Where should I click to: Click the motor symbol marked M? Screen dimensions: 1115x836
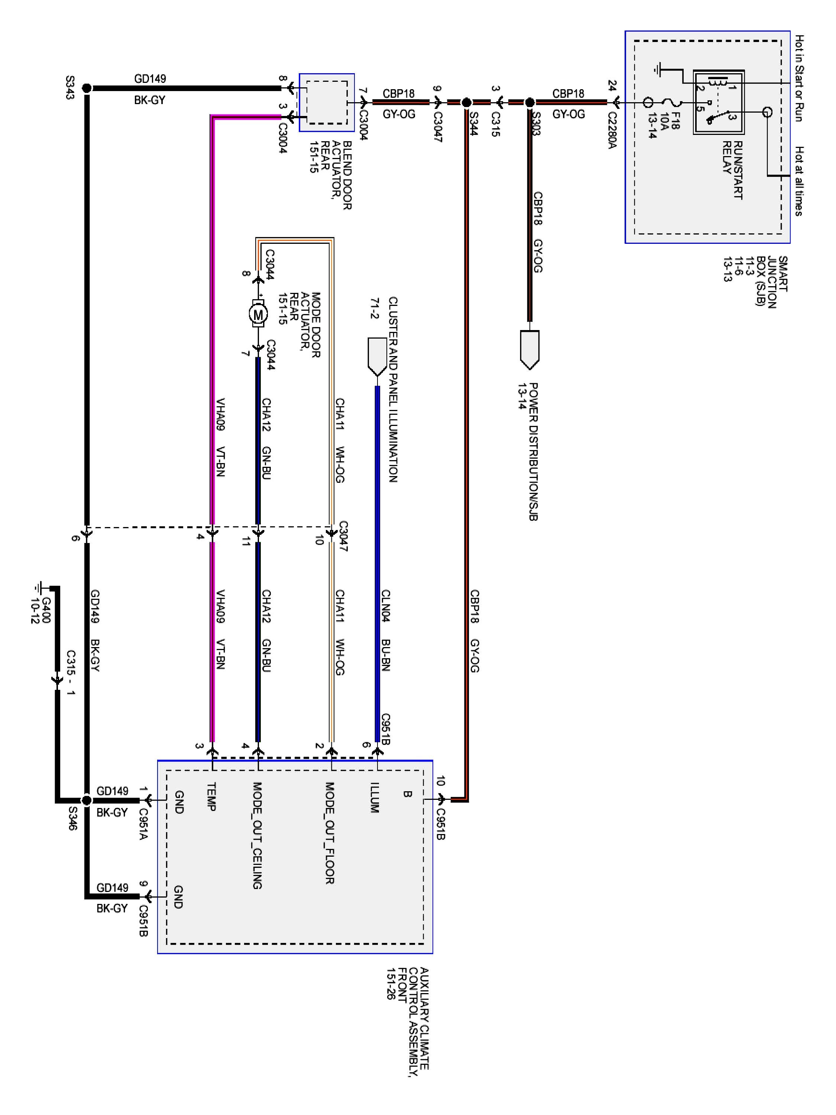coord(257,314)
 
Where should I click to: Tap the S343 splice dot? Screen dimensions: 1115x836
coord(87,88)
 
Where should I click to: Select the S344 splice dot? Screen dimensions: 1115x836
coord(466,102)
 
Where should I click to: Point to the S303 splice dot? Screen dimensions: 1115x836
coord(529,102)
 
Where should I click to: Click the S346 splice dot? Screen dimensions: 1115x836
coord(87,800)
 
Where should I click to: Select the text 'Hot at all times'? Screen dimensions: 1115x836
coord(799,181)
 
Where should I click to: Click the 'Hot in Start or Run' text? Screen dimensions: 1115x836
coord(799,78)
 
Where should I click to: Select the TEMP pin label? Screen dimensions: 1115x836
coord(212,796)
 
